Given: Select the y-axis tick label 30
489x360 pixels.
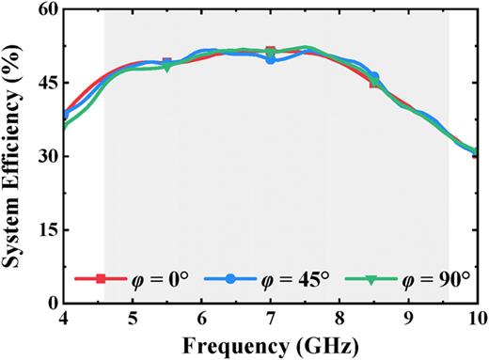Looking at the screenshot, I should (47, 156).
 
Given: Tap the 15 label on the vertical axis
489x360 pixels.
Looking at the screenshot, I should (47, 229).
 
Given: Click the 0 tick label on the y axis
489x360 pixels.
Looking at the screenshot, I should (53, 303).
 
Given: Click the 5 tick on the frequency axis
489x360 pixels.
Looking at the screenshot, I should (134, 319).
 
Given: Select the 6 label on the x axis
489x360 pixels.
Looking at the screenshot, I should (202, 319).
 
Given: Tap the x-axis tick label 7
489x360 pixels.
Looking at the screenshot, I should (271, 319).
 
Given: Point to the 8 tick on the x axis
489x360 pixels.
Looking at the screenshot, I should (339, 319).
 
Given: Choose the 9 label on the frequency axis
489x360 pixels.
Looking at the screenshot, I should (408, 319).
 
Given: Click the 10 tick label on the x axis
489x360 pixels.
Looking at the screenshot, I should (475, 319).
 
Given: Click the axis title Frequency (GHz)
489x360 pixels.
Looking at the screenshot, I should (271, 346).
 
